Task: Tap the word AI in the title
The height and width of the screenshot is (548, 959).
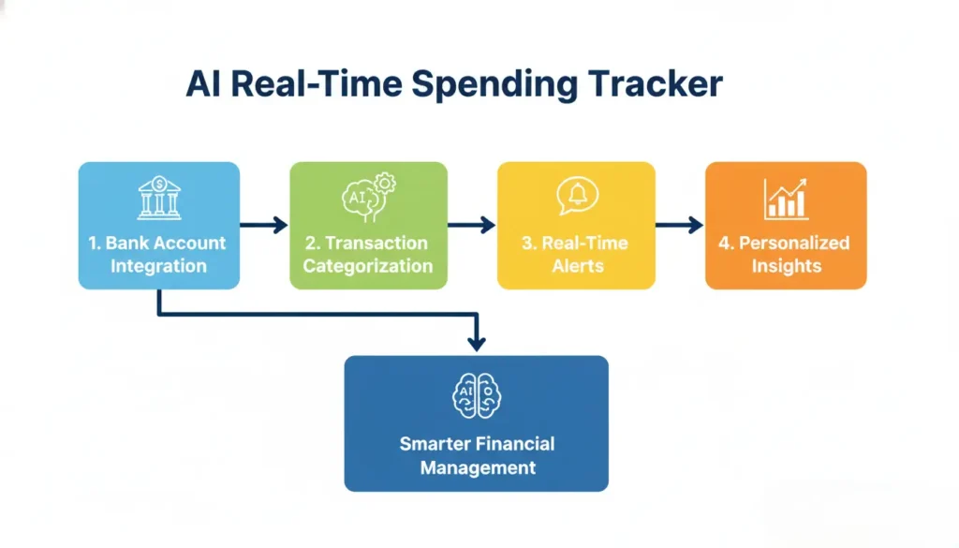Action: tap(204, 84)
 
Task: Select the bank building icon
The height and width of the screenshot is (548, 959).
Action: tap(159, 198)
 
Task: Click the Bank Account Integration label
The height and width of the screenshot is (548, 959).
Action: tap(158, 254)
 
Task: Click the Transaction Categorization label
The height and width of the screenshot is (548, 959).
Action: tap(368, 254)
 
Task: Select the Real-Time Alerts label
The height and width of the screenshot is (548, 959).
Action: tap(576, 254)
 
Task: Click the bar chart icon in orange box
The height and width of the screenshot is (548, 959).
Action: tap(786, 198)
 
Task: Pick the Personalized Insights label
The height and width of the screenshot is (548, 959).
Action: tap(785, 254)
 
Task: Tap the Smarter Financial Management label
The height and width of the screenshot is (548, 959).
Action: tap(477, 455)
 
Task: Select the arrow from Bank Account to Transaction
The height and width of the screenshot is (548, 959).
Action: tap(264, 225)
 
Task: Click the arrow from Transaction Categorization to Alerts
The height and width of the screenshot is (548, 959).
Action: tap(472, 225)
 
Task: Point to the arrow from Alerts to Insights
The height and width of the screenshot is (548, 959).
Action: tap(680, 225)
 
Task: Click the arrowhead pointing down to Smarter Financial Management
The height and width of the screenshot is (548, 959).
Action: tap(476, 344)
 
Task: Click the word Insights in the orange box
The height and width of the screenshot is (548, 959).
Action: tap(786, 266)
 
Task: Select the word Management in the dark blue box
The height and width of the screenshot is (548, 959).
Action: tap(478, 467)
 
